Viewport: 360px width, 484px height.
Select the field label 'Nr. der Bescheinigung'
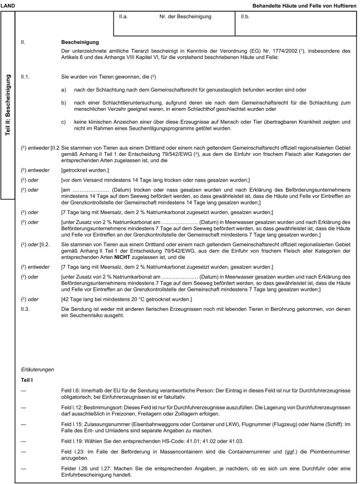click(x=185, y=18)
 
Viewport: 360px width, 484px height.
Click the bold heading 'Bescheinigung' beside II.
click(x=80, y=42)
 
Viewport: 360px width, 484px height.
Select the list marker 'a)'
click(x=64, y=89)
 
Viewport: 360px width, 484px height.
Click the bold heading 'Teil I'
click(x=27, y=380)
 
